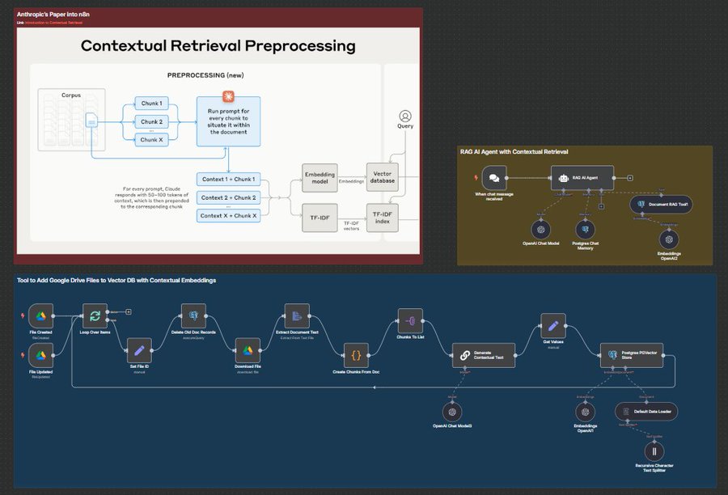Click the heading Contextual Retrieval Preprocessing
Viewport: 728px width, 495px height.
pos(218,45)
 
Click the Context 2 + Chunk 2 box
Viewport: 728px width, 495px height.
pos(227,197)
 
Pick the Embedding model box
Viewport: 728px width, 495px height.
pos(320,177)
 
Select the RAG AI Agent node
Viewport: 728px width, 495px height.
pos(582,177)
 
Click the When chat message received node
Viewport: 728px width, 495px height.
pos(493,177)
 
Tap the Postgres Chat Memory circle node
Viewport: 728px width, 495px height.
pos(585,229)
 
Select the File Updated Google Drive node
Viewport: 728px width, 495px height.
pos(40,353)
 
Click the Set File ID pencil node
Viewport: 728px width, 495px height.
pos(138,351)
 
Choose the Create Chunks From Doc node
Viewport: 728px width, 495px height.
pos(356,353)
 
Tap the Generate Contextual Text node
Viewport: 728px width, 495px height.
pos(483,354)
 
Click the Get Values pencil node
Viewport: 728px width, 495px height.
pos(552,325)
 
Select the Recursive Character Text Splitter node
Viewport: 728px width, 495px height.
pos(654,451)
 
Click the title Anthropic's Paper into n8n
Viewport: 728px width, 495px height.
pos(54,15)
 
